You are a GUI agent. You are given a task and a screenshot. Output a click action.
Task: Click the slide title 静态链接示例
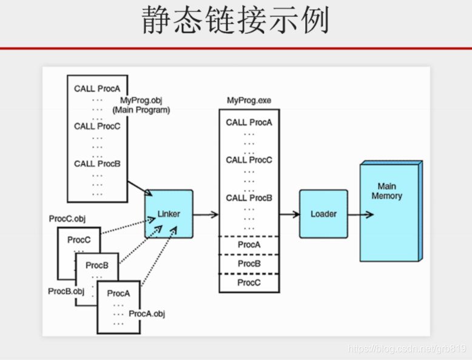click(236, 21)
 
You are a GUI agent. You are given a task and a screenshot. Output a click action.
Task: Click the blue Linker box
click(169, 214)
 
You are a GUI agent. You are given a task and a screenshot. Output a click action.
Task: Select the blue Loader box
click(323, 214)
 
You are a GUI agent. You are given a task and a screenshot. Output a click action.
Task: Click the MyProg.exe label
click(249, 100)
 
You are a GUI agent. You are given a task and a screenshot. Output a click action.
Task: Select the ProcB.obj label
click(66, 291)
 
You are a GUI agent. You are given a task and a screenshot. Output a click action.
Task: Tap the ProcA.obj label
click(147, 314)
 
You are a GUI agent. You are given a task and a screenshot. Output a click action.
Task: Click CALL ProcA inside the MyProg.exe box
click(249, 123)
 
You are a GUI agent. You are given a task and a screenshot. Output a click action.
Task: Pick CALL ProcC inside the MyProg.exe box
click(249, 160)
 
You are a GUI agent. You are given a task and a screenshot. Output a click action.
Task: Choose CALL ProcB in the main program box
click(97, 163)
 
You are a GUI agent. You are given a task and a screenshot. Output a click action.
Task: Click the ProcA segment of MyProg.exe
click(249, 245)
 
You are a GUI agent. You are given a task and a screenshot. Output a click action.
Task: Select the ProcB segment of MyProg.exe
click(249, 263)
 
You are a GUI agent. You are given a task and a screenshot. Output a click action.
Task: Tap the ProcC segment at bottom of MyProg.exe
click(249, 282)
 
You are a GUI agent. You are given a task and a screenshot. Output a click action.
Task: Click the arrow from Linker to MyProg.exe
click(206, 214)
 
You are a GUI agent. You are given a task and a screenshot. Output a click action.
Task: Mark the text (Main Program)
click(141, 110)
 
